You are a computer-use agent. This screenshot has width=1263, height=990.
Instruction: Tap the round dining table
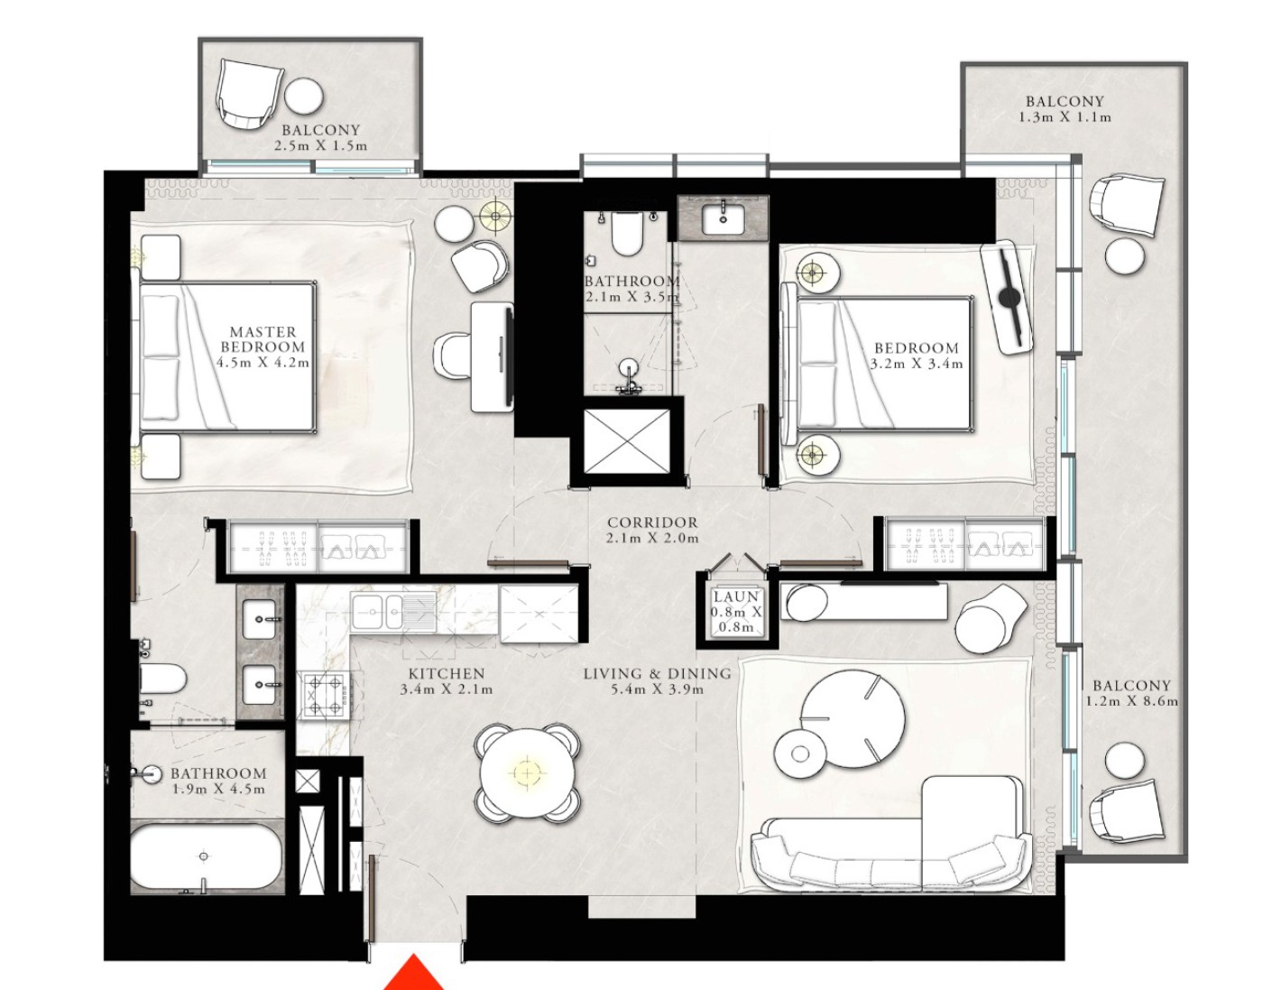click(527, 773)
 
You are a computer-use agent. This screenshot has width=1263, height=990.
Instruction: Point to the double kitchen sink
click(393, 612)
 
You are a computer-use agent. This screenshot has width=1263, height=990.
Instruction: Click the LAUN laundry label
click(736, 597)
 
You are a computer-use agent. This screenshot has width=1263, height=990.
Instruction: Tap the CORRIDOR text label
click(652, 523)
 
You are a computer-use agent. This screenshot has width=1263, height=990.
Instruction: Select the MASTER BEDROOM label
click(263, 339)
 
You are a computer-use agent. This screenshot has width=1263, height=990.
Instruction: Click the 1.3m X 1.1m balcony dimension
click(1065, 117)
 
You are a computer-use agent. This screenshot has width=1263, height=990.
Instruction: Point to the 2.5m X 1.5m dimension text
click(321, 146)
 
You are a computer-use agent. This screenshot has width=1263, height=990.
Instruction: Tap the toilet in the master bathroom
click(162, 679)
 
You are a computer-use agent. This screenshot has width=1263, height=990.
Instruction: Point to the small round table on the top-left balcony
click(304, 97)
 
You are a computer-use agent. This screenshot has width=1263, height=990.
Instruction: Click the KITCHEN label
click(447, 674)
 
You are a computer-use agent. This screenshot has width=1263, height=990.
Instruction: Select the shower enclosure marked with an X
click(626, 441)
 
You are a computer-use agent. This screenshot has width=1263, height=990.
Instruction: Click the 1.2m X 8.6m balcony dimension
click(1131, 701)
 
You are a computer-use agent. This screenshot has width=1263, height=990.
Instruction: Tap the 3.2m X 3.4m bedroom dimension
click(917, 364)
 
